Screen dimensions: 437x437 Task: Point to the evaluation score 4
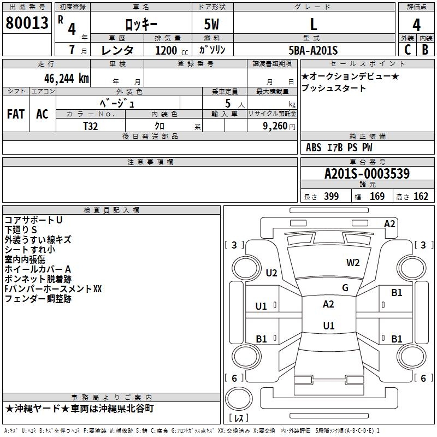(416, 25)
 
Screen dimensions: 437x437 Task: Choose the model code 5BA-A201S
(313, 50)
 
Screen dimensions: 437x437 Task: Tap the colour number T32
(91, 125)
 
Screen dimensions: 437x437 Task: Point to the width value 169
(377, 196)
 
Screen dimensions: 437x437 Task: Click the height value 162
(421, 196)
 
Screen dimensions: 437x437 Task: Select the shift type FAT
(15, 114)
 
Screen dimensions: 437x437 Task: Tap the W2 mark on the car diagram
(353, 263)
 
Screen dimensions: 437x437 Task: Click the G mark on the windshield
(345, 288)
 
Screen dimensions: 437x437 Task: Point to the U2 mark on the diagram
(271, 273)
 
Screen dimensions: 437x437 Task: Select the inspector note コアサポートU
(33, 220)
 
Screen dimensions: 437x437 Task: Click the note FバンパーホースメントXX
(53, 288)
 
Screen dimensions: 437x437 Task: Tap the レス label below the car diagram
(239, 418)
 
